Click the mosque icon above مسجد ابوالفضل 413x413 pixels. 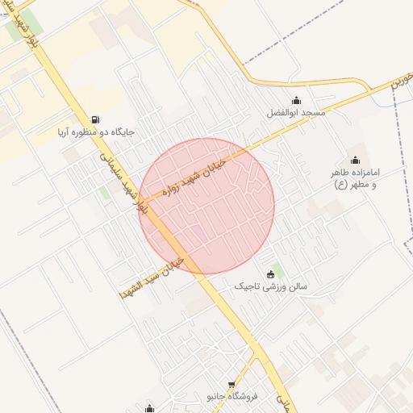[296, 101]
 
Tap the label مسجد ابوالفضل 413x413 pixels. [296, 114]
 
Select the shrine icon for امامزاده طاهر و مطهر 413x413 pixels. [355, 160]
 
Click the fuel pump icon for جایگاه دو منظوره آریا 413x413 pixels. [96, 119]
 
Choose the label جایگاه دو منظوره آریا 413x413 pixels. [96, 131]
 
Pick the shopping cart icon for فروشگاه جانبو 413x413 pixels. [232, 385]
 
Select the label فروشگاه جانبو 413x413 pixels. [232, 397]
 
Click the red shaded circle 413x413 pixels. [207, 206]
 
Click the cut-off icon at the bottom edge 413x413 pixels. [149, 408]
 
